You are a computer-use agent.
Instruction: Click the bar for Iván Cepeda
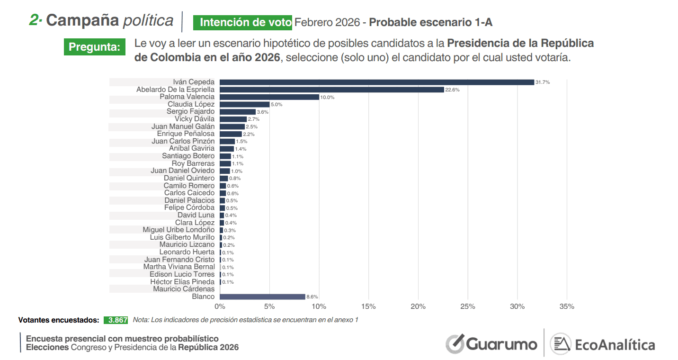point(376,82)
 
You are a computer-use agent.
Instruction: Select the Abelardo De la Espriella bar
point(331,90)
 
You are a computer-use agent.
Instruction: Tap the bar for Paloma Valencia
point(269,97)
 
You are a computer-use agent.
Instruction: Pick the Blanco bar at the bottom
point(262,297)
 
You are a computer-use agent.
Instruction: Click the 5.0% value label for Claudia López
point(277,104)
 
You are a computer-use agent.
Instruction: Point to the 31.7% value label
point(543,82)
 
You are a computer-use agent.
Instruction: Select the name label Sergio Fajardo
point(190,111)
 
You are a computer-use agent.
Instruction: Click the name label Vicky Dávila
point(194,119)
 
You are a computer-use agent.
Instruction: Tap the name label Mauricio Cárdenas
point(183,289)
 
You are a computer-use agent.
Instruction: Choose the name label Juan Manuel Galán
point(183,126)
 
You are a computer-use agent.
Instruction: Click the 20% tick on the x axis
point(418,306)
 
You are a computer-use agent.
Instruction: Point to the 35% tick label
point(567,306)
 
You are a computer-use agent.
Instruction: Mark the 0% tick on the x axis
point(220,306)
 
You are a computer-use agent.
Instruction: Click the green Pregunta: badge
point(95,47)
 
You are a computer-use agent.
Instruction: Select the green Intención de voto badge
point(242,22)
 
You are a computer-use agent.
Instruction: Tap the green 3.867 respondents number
point(116,320)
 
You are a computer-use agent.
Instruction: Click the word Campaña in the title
point(82,20)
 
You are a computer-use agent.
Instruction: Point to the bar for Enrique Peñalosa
point(231,134)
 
